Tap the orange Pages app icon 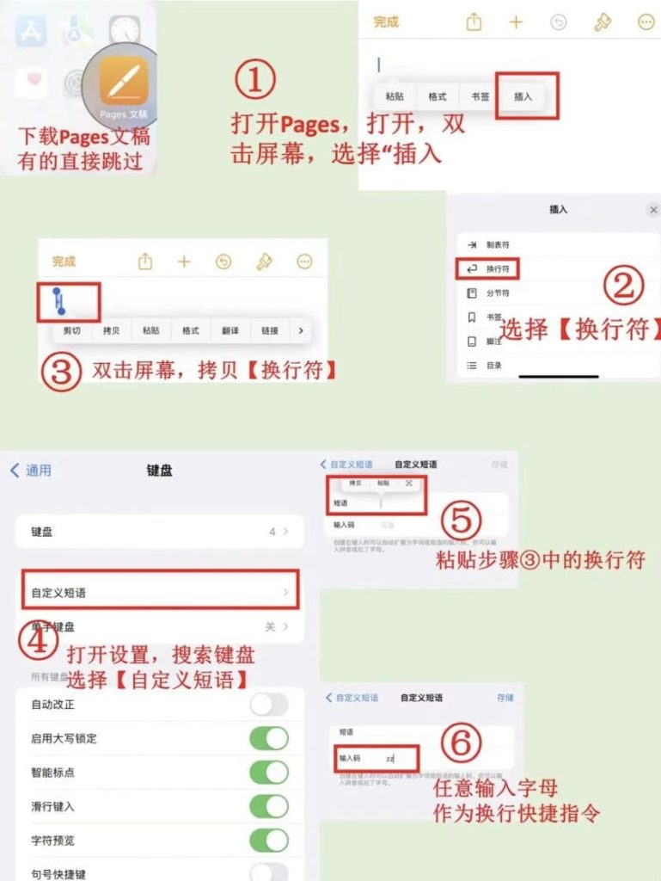click(x=124, y=82)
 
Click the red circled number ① click(x=255, y=80)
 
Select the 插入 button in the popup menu click(x=523, y=96)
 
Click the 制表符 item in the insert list click(x=498, y=245)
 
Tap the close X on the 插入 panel click(x=653, y=210)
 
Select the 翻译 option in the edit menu click(x=230, y=330)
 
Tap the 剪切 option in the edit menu click(x=72, y=330)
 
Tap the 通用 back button click(x=31, y=471)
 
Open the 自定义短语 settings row click(x=159, y=593)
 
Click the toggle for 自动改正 click(x=269, y=705)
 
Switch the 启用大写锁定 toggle click(x=269, y=738)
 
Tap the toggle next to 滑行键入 click(x=269, y=806)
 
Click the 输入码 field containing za click(x=378, y=758)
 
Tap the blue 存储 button click(x=505, y=698)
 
